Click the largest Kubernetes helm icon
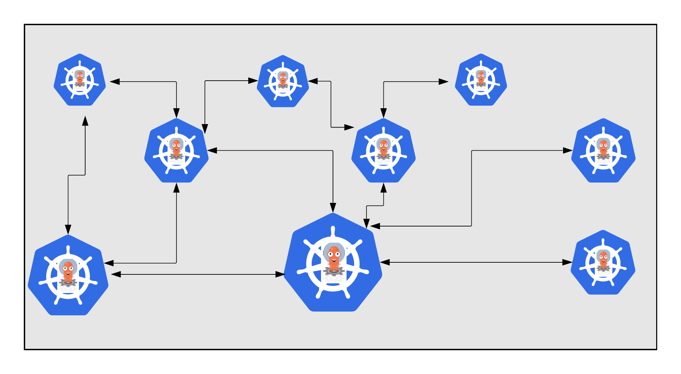click(333, 264)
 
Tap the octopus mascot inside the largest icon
click(334, 257)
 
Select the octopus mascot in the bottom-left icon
click(68, 271)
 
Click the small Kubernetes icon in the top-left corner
click(80, 80)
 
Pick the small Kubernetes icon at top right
click(481, 80)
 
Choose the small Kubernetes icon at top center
click(283, 82)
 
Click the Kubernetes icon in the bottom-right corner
click(603, 263)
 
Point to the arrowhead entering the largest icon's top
click(333, 208)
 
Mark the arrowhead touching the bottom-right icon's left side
click(567, 262)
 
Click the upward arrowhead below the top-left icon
click(85, 121)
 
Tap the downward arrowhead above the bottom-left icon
click(68, 229)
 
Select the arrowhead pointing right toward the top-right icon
click(443, 82)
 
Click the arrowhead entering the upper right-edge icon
click(568, 150)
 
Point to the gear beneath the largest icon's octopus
click(333, 271)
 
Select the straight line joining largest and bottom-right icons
click(476, 262)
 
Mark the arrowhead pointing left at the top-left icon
click(115, 82)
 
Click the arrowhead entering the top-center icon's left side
click(253, 81)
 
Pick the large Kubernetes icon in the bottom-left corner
click(68, 276)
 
